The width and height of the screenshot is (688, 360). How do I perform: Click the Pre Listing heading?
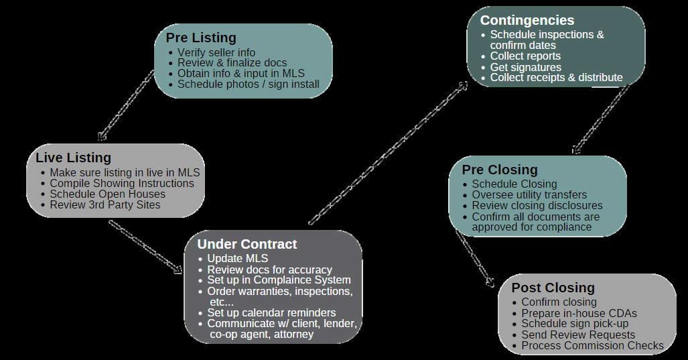point(201,38)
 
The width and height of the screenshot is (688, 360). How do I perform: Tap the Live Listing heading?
point(73,158)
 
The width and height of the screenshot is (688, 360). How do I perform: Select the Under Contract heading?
point(247,244)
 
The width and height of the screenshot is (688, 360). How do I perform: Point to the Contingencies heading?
point(527,20)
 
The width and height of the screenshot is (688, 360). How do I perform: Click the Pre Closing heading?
point(499,170)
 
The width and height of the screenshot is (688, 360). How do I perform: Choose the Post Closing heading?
point(553,288)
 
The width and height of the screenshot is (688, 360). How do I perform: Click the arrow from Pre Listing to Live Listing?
point(126,106)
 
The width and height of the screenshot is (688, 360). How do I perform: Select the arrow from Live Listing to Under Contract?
point(145,247)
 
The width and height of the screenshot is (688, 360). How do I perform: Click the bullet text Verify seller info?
point(216,52)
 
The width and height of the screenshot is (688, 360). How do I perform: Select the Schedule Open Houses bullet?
point(107,194)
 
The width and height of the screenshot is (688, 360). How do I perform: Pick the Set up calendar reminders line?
point(271,312)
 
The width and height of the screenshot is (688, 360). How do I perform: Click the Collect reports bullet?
point(525,56)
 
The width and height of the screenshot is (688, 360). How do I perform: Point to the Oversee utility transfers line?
point(529,194)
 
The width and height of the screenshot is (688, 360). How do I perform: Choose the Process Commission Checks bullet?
point(592,346)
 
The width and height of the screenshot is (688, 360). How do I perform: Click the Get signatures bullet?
point(525,67)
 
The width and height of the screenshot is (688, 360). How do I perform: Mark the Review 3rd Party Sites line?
point(105,204)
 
